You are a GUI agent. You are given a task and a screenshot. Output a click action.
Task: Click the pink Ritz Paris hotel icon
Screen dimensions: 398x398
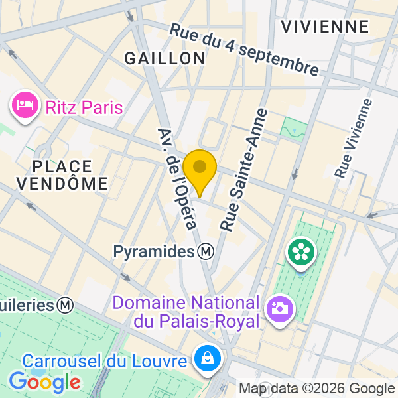point(25,105)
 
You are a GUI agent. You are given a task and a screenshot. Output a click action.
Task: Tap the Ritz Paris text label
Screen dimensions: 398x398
point(84,106)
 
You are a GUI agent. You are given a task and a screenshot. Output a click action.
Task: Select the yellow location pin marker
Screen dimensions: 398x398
point(200,168)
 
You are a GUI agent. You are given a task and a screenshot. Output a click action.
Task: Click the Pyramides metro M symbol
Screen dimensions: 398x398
point(206,251)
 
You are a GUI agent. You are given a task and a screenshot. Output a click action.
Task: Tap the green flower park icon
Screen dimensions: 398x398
point(301,252)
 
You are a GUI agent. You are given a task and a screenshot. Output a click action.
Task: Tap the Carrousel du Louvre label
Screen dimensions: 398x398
point(105,362)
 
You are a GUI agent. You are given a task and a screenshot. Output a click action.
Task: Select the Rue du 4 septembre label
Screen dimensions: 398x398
point(244,49)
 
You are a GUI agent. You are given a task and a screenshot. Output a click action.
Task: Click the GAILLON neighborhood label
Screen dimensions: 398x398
point(165,58)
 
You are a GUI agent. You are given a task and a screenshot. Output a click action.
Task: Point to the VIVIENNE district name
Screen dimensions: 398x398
point(324,27)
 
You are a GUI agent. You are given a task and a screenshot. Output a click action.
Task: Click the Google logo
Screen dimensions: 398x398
point(45,382)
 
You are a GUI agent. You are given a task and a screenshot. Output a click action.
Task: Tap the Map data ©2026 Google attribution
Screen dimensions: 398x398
point(316,389)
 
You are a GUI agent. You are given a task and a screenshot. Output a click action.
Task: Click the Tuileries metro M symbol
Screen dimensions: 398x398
point(65,306)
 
